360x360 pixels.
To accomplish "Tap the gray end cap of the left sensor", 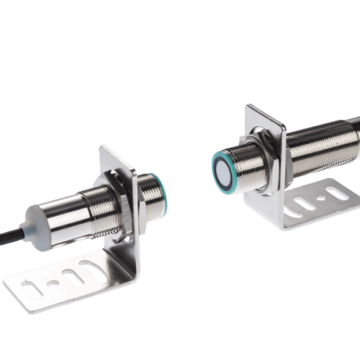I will (38, 220).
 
